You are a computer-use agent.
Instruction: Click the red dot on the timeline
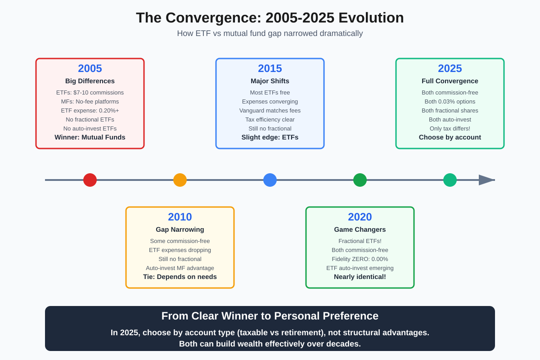click(x=90, y=180)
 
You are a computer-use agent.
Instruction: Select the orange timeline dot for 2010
click(x=180, y=180)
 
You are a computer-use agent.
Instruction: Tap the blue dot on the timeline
click(x=270, y=180)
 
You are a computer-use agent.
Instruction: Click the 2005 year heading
click(x=90, y=68)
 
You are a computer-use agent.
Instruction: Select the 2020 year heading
click(x=360, y=217)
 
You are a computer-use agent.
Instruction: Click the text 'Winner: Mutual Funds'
click(x=90, y=137)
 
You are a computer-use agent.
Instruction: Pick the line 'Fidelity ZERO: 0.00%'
click(x=360, y=259)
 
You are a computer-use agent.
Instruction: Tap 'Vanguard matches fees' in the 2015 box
click(x=270, y=110)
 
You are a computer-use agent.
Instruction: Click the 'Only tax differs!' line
click(x=450, y=128)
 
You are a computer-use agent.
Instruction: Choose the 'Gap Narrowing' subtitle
click(x=180, y=229)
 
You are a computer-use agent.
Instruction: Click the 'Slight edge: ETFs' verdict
click(x=270, y=137)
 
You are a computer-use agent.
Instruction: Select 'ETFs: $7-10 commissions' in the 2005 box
click(x=90, y=92)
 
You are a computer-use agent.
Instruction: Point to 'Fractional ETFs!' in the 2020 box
click(x=360, y=241)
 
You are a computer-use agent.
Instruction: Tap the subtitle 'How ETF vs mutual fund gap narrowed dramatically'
click(x=270, y=33)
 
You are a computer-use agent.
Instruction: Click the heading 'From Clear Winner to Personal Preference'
click(x=270, y=316)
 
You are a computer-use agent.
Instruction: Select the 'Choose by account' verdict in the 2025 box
click(x=450, y=137)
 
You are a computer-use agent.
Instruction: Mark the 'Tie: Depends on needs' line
click(x=180, y=277)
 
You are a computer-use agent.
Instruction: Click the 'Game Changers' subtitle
click(x=360, y=229)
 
